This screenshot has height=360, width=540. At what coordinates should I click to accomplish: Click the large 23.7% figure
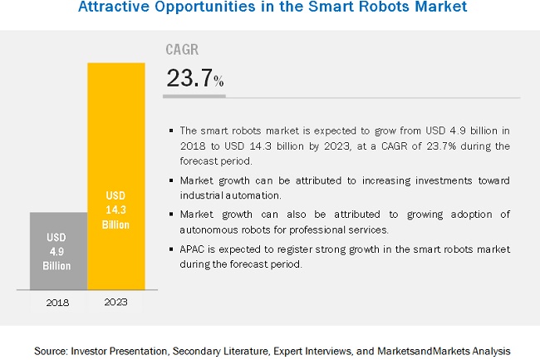click(x=194, y=78)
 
